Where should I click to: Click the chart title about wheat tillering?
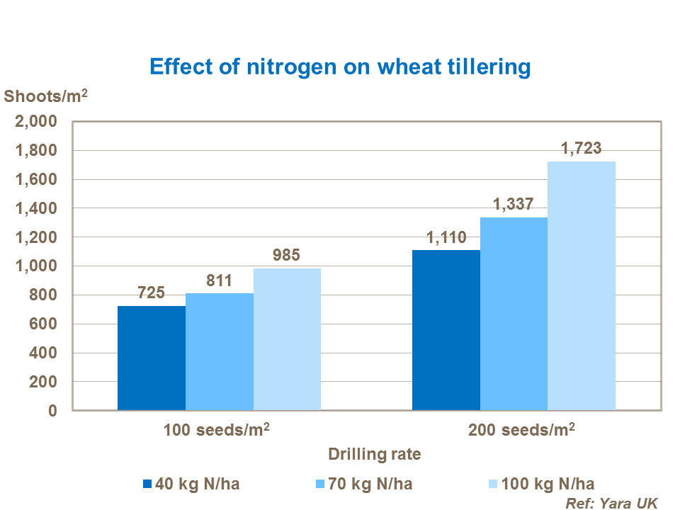pyautogui.click(x=340, y=67)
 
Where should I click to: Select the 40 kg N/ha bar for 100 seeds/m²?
pyautogui.click(x=152, y=358)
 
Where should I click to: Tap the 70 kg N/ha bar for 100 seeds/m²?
pyautogui.click(x=220, y=351)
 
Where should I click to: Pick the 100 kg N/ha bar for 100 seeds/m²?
pyautogui.click(x=287, y=339)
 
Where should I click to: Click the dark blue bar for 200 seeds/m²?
pyautogui.click(x=446, y=330)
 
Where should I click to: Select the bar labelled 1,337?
pyautogui.click(x=514, y=314)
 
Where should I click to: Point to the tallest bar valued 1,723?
pyautogui.click(x=582, y=285)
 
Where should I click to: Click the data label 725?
pyautogui.click(x=152, y=293)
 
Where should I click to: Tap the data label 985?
pyautogui.click(x=287, y=255)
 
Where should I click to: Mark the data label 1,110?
pyautogui.click(x=446, y=237)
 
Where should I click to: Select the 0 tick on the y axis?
pyautogui.click(x=52, y=411)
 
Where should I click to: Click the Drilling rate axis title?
pyautogui.click(x=375, y=454)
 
